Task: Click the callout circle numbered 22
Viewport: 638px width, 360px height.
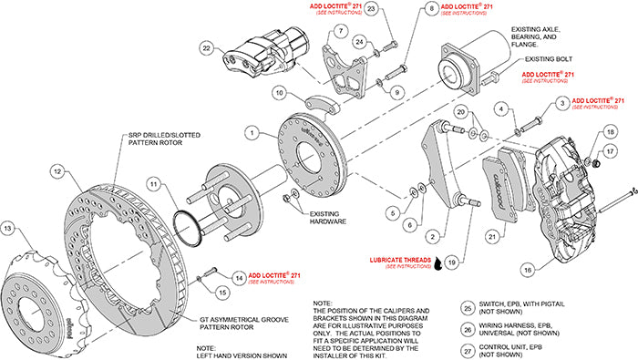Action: click(208, 48)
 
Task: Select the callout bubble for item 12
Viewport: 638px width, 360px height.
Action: click(57, 170)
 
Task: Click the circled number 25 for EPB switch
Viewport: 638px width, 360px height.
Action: click(468, 308)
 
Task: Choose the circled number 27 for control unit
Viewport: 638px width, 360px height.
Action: click(468, 349)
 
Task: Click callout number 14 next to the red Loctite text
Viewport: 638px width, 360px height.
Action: click(238, 275)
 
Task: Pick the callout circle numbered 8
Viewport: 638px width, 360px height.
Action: click(429, 9)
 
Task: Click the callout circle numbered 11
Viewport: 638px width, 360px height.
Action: click(154, 185)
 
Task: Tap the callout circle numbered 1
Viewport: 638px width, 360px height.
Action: click(248, 131)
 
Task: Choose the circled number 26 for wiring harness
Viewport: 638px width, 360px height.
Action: click(468, 328)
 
